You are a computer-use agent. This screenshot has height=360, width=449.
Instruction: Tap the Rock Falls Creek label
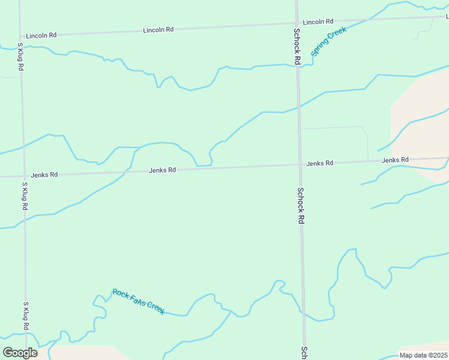coord(139,301)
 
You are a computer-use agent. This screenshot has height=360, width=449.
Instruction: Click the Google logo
coord(20,353)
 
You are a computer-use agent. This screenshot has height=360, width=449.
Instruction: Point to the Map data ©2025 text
coord(423,355)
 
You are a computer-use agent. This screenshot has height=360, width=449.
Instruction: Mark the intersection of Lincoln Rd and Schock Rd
coord(297,24)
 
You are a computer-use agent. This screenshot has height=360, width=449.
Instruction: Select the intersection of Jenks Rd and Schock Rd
coord(299,164)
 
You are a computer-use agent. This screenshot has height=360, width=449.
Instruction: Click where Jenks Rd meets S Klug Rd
coord(23,176)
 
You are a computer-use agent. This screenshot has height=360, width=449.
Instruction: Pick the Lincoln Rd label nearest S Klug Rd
coord(41,35)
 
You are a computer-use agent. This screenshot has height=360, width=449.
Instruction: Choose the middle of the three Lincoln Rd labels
coord(158,29)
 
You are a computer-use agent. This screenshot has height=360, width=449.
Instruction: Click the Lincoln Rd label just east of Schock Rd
coord(318,22)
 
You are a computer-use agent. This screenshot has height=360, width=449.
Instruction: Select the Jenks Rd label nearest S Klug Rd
coord(44,175)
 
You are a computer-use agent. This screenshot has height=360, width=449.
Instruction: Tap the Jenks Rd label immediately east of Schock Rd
coord(319,163)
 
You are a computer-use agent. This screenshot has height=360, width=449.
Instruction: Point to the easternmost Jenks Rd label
coord(395,160)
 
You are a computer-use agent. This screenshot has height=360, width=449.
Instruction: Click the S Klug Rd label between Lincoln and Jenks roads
coord(20,57)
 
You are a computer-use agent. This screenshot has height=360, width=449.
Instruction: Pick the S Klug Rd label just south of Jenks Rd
coord(25,196)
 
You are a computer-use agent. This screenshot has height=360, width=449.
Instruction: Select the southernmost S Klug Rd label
coord(26,316)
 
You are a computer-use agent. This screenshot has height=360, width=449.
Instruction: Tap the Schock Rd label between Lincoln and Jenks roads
coord(297,46)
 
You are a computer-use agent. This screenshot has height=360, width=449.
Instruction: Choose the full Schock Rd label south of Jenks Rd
coord(300,206)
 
